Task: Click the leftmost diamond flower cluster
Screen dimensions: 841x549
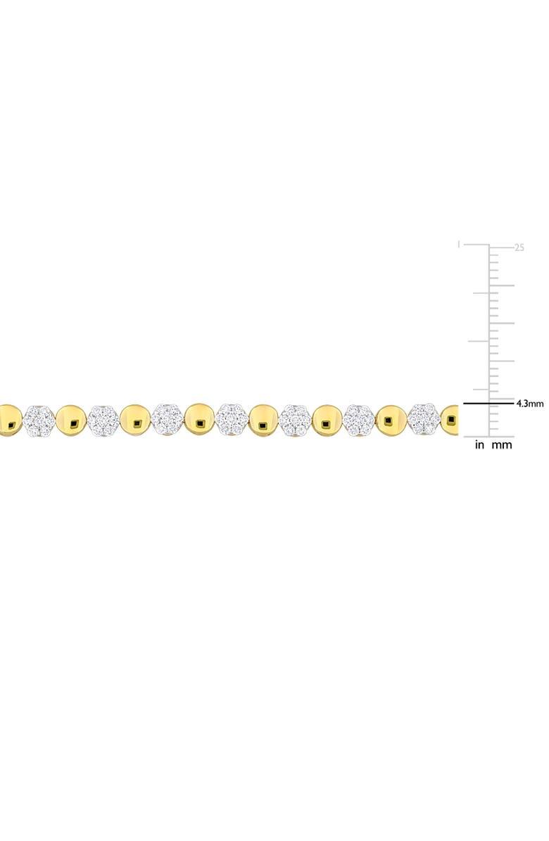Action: point(39,420)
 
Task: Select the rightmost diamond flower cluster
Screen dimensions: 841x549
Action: point(424,420)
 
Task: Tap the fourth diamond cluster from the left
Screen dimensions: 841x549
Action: point(232,420)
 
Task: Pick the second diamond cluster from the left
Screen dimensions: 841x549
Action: point(103,420)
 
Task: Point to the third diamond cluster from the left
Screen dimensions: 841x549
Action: point(168,420)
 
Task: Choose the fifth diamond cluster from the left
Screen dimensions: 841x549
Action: point(296,420)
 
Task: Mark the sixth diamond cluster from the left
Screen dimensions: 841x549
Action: point(360,420)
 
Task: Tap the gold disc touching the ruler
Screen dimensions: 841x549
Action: point(450,420)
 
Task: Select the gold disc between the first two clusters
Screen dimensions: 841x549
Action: point(71,420)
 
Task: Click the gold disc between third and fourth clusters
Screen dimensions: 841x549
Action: point(200,420)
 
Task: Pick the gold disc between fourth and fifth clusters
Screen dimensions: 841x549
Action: point(264,420)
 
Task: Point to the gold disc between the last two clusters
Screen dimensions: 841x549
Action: point(391,420)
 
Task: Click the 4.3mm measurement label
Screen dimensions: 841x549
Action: point(530,404)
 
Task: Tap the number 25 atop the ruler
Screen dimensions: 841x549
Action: point(519,248)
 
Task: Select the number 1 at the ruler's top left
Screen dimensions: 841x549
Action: point(459,245)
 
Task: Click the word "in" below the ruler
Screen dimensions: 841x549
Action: point(479,444)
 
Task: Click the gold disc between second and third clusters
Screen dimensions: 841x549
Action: point(135,420)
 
